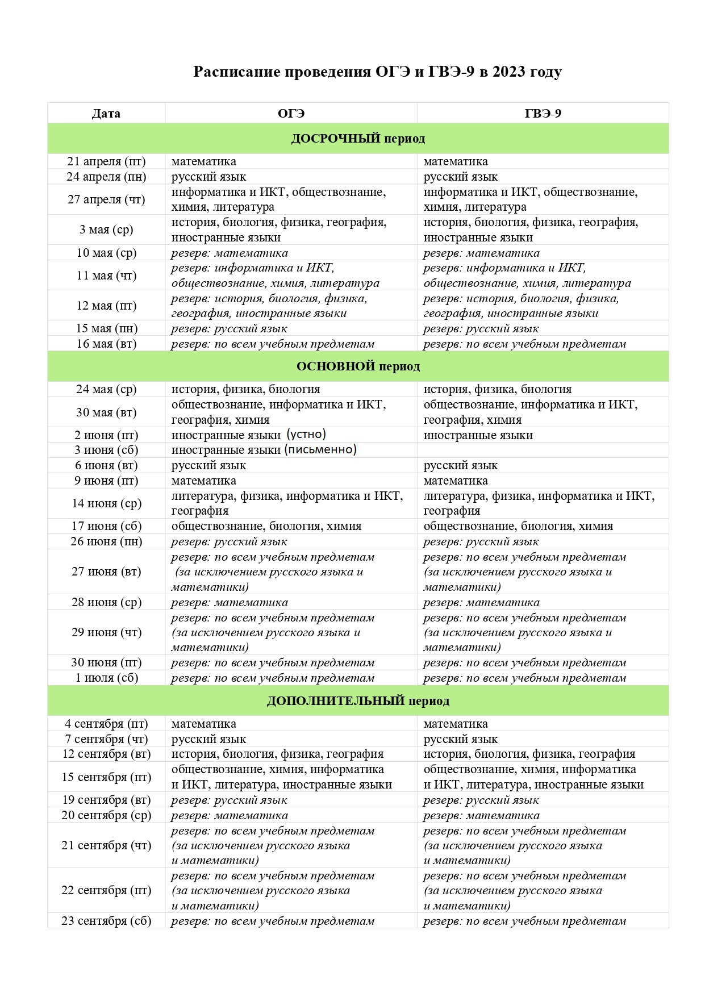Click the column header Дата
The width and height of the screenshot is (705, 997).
[106, 114]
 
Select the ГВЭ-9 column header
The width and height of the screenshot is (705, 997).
[543, 114]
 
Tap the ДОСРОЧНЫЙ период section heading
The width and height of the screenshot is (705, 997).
[358, 139]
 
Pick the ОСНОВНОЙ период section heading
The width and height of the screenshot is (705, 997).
[358, 366]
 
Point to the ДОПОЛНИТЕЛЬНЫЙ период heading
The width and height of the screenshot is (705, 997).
[358, 701]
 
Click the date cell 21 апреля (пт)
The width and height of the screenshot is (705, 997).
[106, 161]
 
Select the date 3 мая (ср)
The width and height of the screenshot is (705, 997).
[106, 230]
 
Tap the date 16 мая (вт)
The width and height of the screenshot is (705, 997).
[106, 344]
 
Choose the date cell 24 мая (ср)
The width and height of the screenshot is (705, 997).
[106, 389]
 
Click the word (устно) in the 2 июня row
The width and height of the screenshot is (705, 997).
[306, 435]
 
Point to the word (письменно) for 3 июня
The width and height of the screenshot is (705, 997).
[320, 449]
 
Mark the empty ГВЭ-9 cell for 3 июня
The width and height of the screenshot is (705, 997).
[543, 450]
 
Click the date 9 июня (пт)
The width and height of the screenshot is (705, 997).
[106, 481]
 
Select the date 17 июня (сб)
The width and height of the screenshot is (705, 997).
[106, 526]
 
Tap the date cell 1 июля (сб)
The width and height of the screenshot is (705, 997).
[106, 678]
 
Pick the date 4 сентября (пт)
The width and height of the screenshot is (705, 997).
[106, 724]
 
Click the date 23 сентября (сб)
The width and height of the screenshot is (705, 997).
[106, 921]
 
